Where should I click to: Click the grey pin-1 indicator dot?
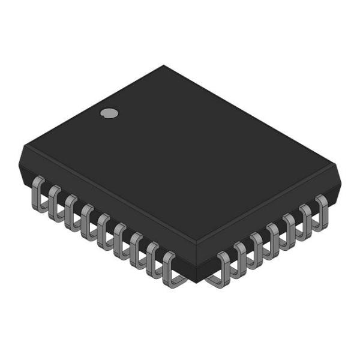click(x=109, y=112)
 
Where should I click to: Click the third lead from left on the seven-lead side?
click(x=257, y=246)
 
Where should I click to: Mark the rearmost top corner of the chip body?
click(x=163, y=66)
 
